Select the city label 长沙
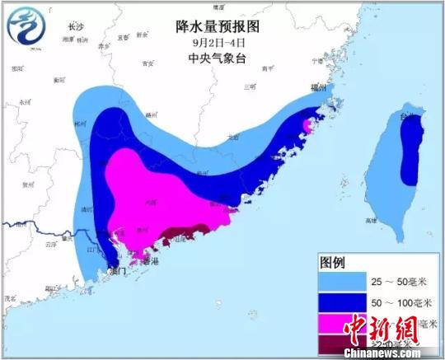click(x=76, y=27)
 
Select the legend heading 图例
click(x=335, y=263)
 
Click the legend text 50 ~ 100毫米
click(x=400, y=303)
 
